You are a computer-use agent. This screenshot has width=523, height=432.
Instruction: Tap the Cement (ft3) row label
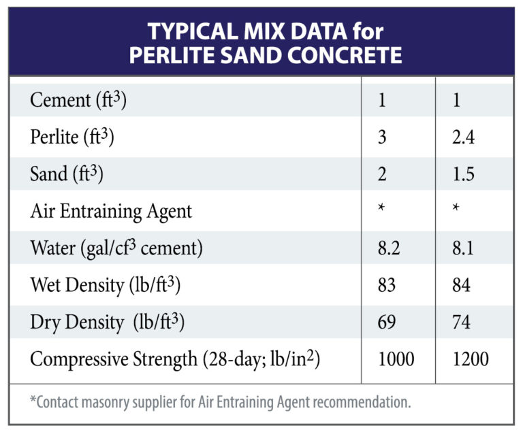coord(78,101)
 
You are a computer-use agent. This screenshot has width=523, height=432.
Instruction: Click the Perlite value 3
coord(381,137)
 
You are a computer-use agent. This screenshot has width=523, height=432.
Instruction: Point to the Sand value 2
coord(381,174)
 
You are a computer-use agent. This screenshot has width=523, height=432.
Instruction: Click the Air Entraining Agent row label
coord(111,211)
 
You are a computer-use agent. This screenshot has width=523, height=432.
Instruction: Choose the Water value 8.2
coord(387,248)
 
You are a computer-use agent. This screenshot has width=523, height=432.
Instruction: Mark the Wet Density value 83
coord(386,284)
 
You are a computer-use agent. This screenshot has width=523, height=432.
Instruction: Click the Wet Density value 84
coord(461,284)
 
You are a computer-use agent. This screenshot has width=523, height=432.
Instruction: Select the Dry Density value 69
coord(386,321)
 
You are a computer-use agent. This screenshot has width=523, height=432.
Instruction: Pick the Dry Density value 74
coord(461,321)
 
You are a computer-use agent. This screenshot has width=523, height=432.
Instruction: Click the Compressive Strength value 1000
coord(395,358)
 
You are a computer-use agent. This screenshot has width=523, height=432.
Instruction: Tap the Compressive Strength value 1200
coord(470,358)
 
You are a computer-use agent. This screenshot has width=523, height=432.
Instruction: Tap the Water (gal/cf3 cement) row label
coord(116,248)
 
